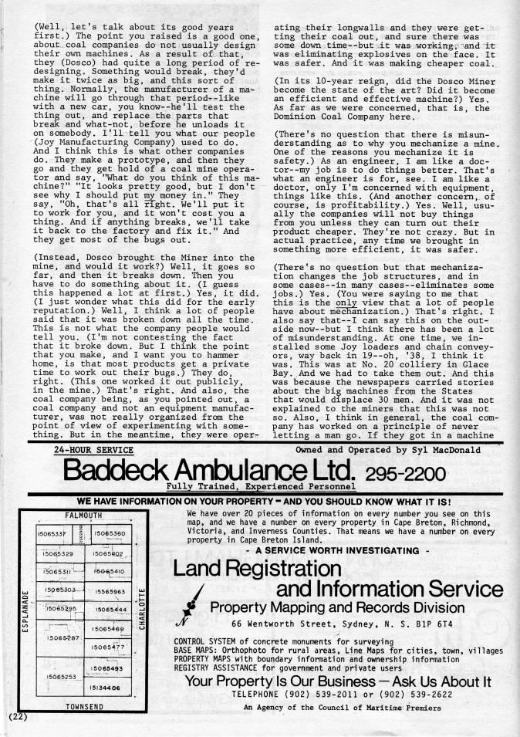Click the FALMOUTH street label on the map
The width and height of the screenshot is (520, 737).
[x=83, y=515]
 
